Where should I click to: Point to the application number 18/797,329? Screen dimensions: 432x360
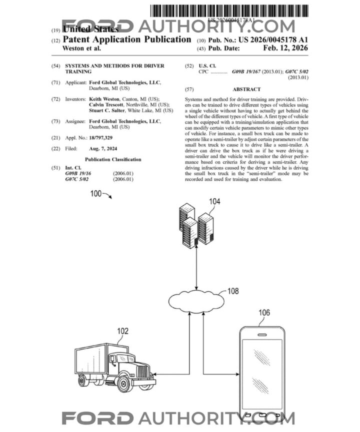click(x=104, y=136)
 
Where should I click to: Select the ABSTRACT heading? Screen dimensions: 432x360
click(x=247, y=89)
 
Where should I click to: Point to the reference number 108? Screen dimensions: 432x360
click(x=233, y=291)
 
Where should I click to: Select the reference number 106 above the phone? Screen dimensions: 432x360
click(x=264, y=313)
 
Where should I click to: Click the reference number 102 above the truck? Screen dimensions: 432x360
click(x=122, y=331)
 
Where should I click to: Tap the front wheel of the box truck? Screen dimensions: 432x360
click(x=123, y=383)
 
